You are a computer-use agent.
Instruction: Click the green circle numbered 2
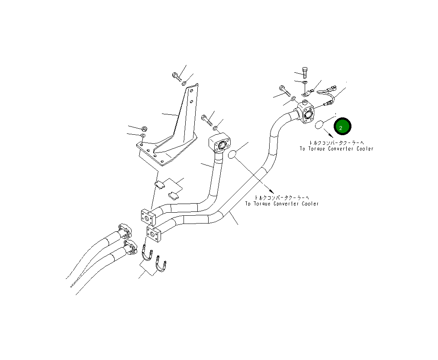click(x=342, y=127)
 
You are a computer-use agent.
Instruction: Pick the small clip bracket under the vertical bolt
click(x=306, y=93)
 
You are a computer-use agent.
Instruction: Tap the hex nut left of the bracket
click(x=145, y=128)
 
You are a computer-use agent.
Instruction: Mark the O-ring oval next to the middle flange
click(x=232, y=154)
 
